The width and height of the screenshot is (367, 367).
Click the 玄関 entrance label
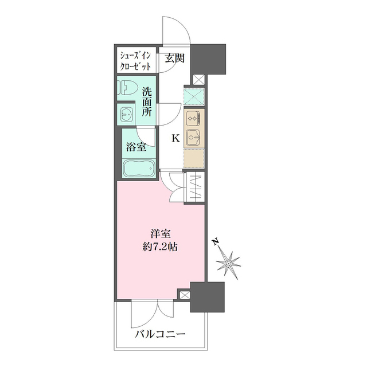pyautogui.click(x=175, y=58)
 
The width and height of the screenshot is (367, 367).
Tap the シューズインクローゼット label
pyautogui.click(x=135, y=61)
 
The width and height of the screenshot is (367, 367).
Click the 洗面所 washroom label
pyautogui.click(x=147, y=101)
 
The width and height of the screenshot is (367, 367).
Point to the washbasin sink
pyautogui.click(x=126, y=115)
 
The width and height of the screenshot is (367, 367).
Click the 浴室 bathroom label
pyautogui.click(x=136, y=147)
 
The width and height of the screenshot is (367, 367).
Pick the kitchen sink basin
pyautogui.click(x=194, y=138)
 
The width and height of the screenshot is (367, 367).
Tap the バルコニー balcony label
pyautogui.click(x=160, y=334)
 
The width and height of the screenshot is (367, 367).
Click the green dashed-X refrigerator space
pyautogui.click(x=193, y=96)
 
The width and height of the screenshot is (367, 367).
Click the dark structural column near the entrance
pyautogui.click(x=209, y=58)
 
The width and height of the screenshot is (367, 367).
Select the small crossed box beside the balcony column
pyautogui.click(x=184, y=295)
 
